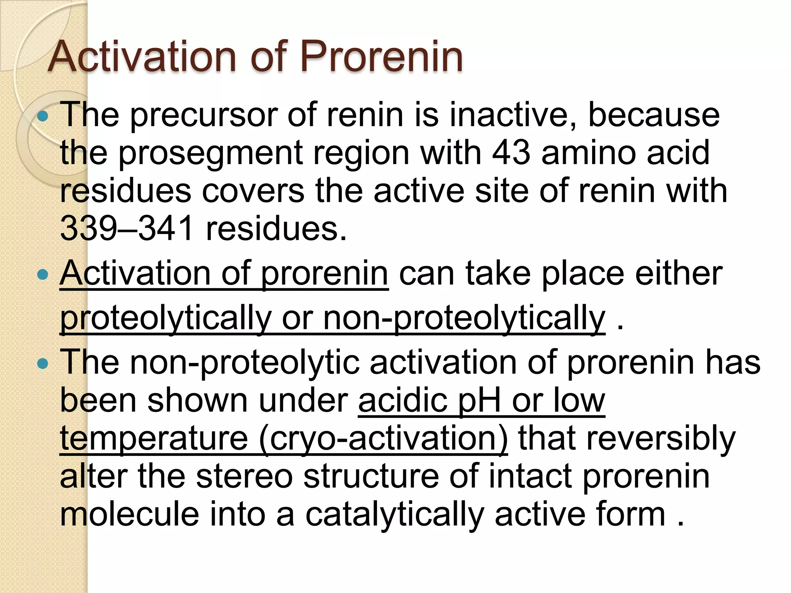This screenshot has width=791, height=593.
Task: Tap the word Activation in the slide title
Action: click(141, 57)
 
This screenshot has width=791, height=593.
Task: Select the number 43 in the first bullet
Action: click(511, 152)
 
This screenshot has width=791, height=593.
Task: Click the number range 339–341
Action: click(127, 228)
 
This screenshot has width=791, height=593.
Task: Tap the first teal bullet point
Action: click(43, 116)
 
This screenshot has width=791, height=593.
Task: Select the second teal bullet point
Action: click(43, 275)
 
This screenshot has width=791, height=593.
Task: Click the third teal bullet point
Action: click(43, 363)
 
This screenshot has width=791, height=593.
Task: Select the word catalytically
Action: click(394, 515)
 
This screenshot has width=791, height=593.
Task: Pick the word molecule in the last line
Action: click(129, 514)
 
